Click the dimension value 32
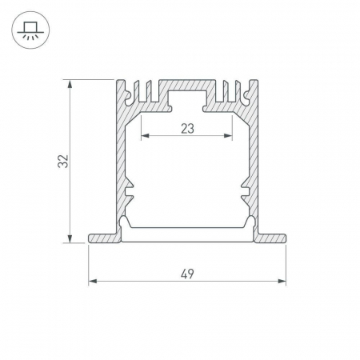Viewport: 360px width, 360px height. point(63,161)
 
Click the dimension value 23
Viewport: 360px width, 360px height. point(187,129)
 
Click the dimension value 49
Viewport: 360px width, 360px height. point(187,274)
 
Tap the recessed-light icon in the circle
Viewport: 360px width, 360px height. point(30,30)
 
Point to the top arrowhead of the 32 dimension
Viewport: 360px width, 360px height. point(70,84)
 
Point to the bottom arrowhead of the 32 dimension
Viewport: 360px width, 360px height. point(70,238)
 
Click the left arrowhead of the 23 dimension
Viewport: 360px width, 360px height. point(145,136)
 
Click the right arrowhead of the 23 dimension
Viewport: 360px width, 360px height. point(228,136)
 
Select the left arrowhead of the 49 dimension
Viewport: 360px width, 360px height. point(93,281)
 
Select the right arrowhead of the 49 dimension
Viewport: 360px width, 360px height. point(282,281)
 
